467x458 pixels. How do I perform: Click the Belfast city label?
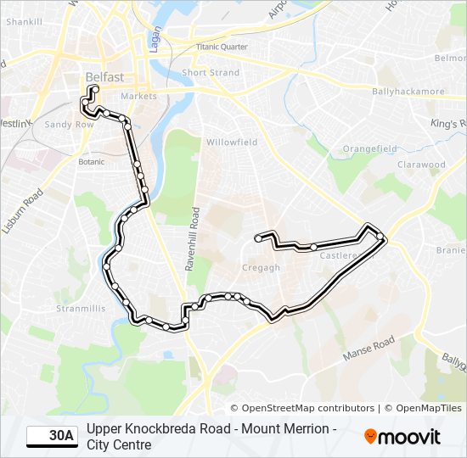pos(104,78)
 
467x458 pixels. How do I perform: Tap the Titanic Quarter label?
pos(222,47)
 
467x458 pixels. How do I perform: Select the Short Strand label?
pos(211,73)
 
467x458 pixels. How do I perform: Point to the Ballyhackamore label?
pos(405,90)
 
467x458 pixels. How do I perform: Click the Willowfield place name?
pos(231,142)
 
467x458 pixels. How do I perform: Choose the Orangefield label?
pos(369,148)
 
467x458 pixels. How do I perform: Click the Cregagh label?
pos(262,268)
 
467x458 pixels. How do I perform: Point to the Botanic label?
pos(91,161)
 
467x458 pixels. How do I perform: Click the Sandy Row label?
pos(69,124)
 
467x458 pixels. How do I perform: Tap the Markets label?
pos(138,97)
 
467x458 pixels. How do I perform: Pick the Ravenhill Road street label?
pos(194,239)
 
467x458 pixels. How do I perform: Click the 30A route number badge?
pos(51,437)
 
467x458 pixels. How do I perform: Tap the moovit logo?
pos(402,437)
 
